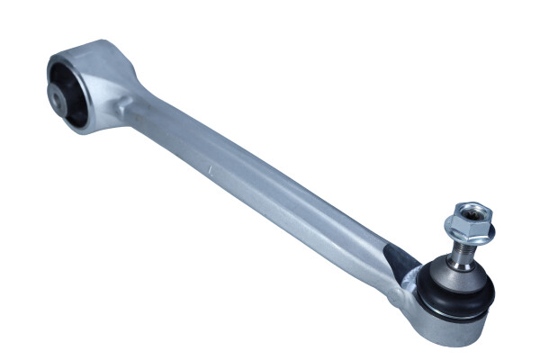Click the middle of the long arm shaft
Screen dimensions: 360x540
[x=261, y=189]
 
